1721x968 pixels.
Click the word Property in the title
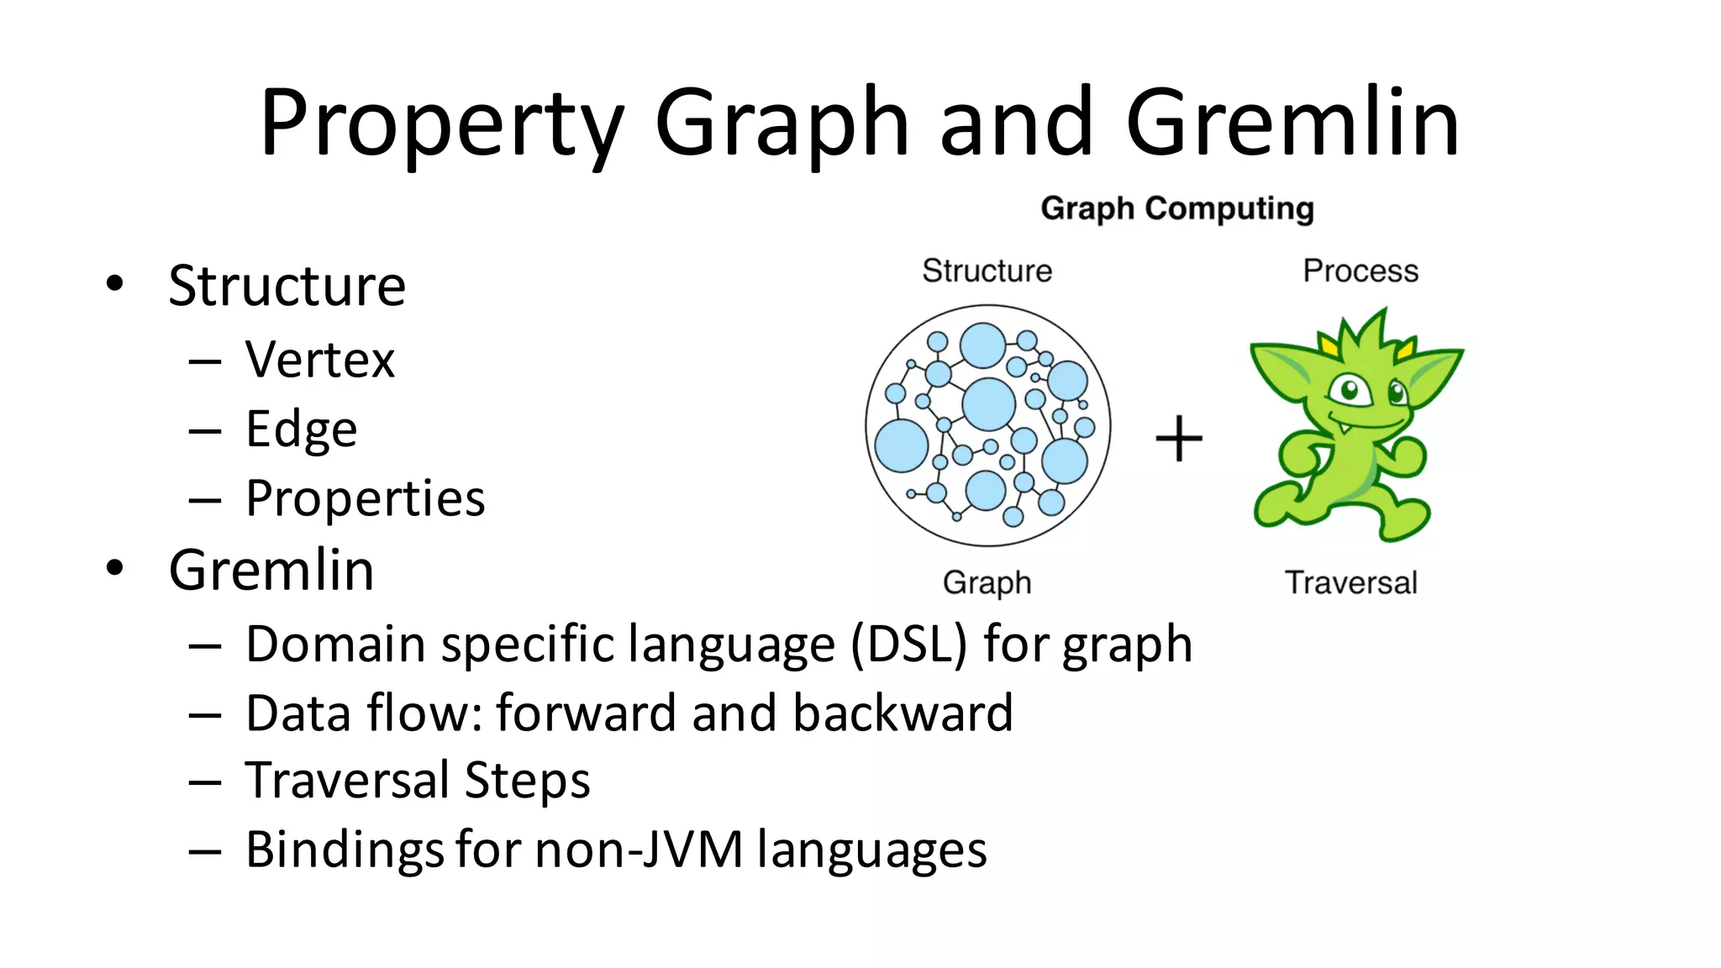pyautogui.click(x=442, y=124)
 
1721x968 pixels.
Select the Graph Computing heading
pyautogui.click(x=1176, y=208)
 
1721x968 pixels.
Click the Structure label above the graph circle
pyautogui.click(x=987, y=271)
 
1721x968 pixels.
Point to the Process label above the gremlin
pyautogui.click(x=1360, y=271)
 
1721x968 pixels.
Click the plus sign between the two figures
pyautogui.click(x=1178, y=439)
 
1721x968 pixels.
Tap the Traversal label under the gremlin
pyautogui.click(x=1350, y=582)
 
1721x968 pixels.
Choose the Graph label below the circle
pyautogui.click(x=987, y=582)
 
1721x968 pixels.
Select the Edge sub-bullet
pyautogui.click(x=301, y=429)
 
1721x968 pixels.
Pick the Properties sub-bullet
pyautogui.click(x=365, y=498)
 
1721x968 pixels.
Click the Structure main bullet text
pyautogui.click(x=287, y=286)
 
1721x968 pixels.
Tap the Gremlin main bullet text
pyautogui.click(x=271, y=570)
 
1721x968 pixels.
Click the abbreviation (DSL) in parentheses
pyautogui.click(x=908, y=644)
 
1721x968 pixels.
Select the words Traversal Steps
pyautogui.click(x=418, y=781)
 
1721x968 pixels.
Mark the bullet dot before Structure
pyautogui.click(x=115, y=283)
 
